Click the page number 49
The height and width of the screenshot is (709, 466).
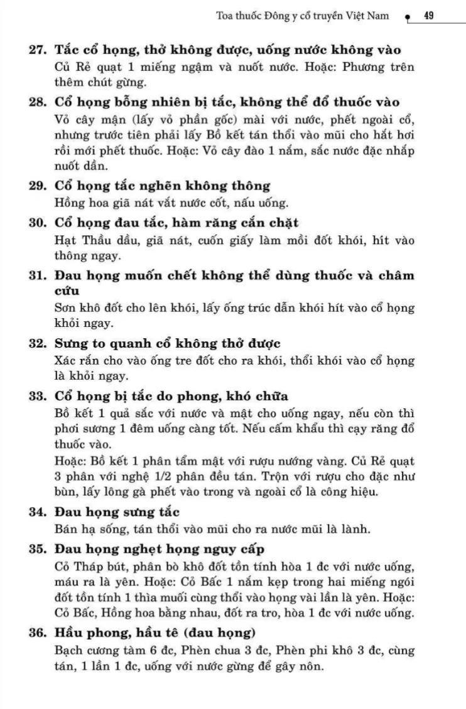(430, 16)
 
